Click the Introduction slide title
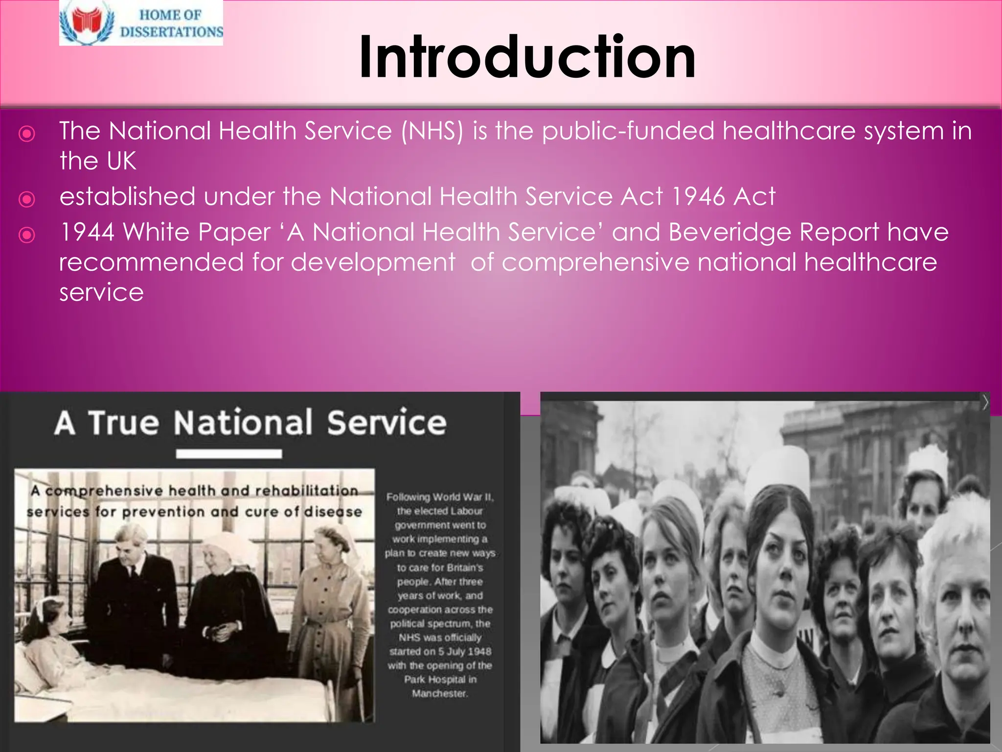[527, 58]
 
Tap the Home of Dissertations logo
[141, 23]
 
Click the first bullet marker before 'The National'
[27, 134]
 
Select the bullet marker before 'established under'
[27, 199]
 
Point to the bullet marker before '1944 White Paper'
[27, 235]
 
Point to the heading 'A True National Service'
[250, 423]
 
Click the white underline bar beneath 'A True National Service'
[229, 454]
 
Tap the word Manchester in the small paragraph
[440, 693]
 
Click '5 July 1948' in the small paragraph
[465, 651]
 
